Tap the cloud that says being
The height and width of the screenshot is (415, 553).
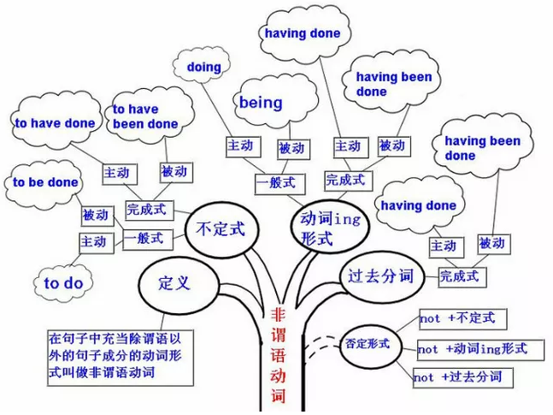pos(262,103)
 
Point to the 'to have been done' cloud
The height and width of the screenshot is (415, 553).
pos(144,116)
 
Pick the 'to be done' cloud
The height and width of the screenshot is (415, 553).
pos(44,182)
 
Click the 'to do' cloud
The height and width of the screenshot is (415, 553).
pos(63,283)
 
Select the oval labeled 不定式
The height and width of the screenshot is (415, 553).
pos(220,230)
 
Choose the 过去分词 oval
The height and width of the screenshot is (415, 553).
pos(379,277)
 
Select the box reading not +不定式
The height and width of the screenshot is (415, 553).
pos(457,318)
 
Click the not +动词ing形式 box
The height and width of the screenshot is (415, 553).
pos(473,348)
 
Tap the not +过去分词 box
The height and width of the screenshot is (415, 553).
pos(456,376)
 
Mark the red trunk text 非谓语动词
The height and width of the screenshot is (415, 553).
pos(277,359)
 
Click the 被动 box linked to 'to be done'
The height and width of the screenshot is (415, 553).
pos(95,214)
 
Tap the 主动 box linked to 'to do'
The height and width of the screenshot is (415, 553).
pos(95,241)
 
